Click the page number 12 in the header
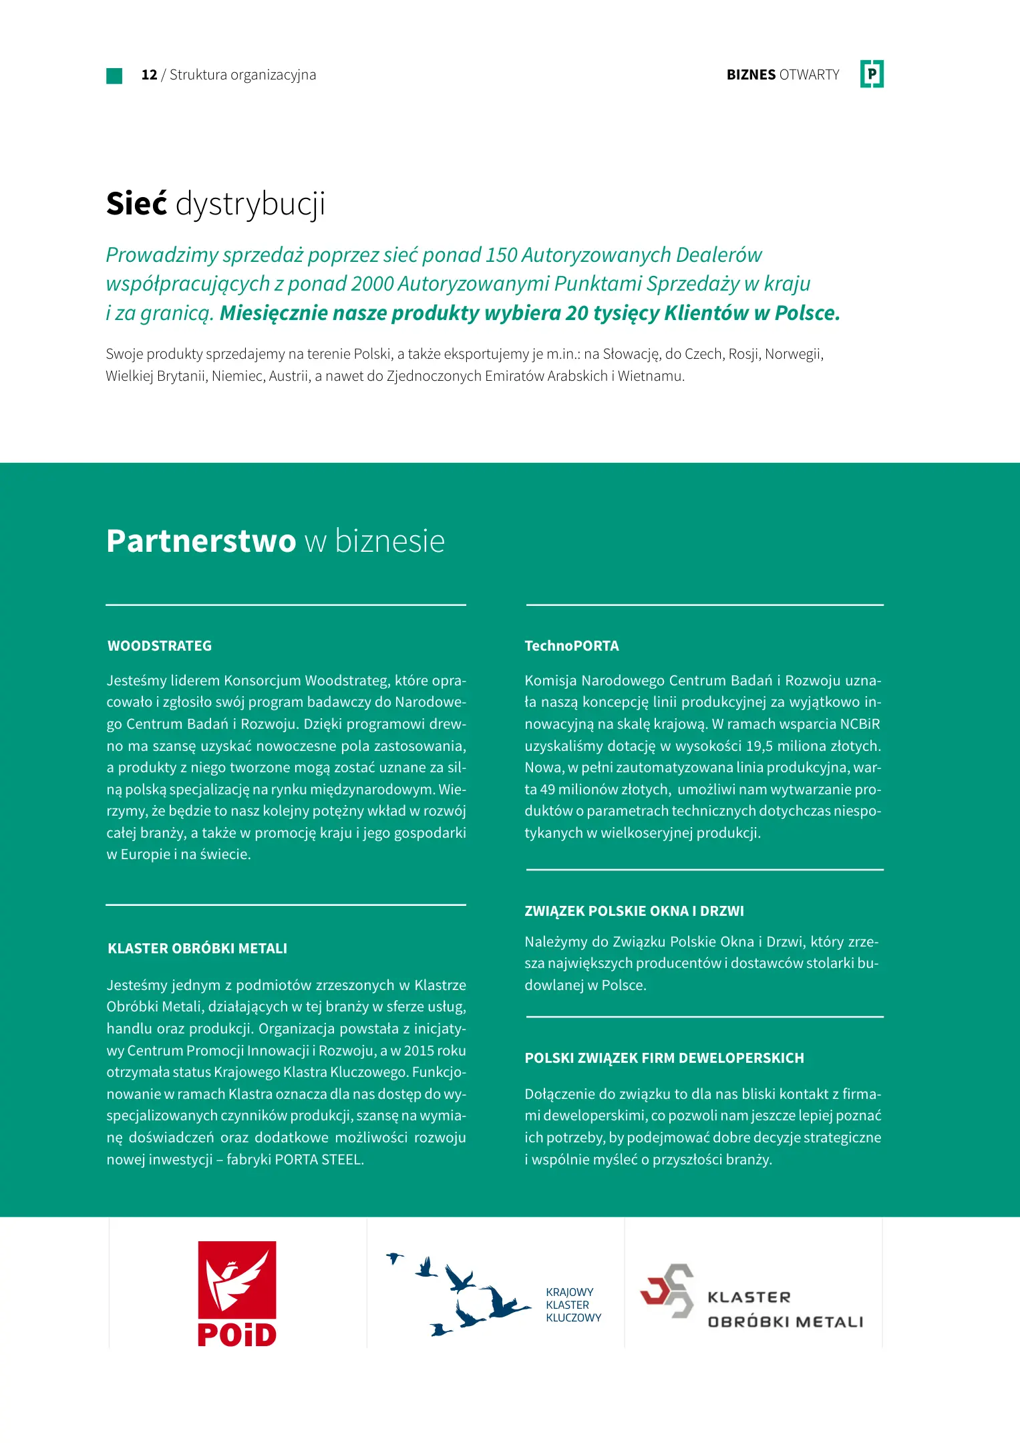click(149, 75)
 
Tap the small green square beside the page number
click(114, 75)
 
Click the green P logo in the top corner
click(872, 74)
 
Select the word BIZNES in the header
click(751, 75)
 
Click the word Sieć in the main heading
click(136, 204)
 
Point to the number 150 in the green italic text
click(502, 255)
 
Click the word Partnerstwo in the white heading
click(201, 541)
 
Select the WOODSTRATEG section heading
click(160, 646)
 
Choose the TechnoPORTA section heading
click(572, 646)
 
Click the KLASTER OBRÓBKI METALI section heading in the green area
click(197, 949)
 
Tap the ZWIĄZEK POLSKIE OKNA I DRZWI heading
click(634, 911)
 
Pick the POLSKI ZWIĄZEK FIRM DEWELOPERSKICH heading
click(664, 1058)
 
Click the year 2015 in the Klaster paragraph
click(419, 1051)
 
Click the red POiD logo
click(237, 1294)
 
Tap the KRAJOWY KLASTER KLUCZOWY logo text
click(572, 1305)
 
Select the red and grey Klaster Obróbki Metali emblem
click(667, 1291)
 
